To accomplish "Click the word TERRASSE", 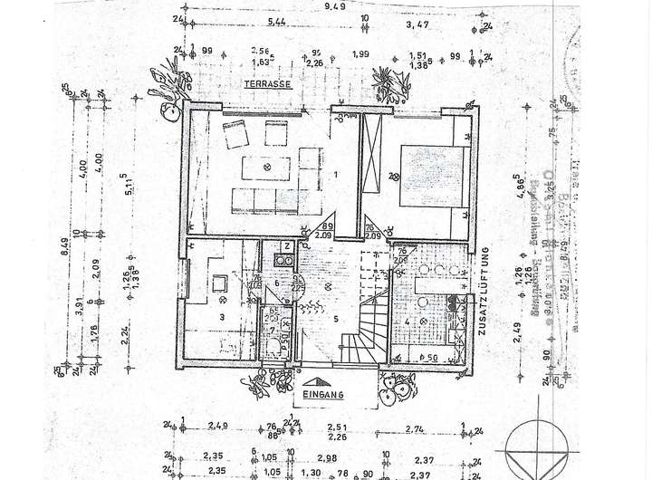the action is (x=266, y=84).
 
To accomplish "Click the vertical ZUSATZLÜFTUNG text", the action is (x=484, y=280).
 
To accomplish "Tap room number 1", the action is (x=336, y=174).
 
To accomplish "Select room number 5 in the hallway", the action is (x=335, y=317).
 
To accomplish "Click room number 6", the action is (x=276, y=283).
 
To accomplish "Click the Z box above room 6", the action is (x=286, y=245).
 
